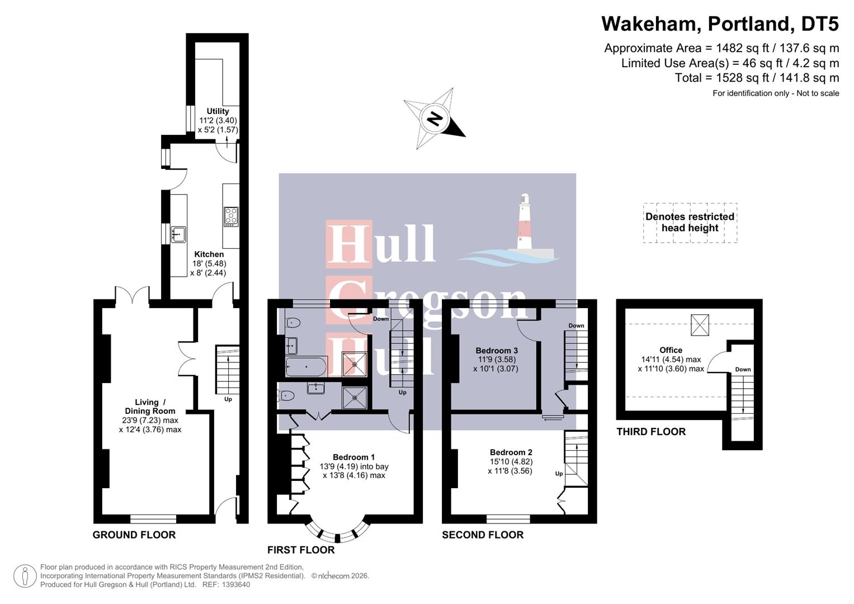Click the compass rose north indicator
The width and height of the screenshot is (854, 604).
tap(434, 119)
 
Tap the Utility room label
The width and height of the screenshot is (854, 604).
tap(218, 111)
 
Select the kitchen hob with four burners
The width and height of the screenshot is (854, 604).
tap(231, 216)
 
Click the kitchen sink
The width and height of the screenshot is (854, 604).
tap(178, 234)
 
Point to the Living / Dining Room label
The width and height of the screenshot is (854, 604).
tap(150, 407)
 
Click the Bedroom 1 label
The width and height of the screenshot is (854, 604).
tap(353, 457)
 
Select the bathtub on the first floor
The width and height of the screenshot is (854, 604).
tap(305, 366)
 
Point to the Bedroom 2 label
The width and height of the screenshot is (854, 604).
tap(511, 452)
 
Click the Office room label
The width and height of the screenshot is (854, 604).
tap(671, 350)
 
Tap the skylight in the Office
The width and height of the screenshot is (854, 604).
tap(700, 325)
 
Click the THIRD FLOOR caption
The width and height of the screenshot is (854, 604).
tap(650, 432)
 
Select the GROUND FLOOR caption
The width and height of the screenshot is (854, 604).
tap(134, 535)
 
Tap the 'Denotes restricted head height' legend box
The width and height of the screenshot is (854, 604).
tap(690, 223)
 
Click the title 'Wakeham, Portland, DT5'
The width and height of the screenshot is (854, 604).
tap(720, 24)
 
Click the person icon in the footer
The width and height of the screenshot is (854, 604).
tap(25, 576)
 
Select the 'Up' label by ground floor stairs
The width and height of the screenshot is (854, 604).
tap(228, 399)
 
